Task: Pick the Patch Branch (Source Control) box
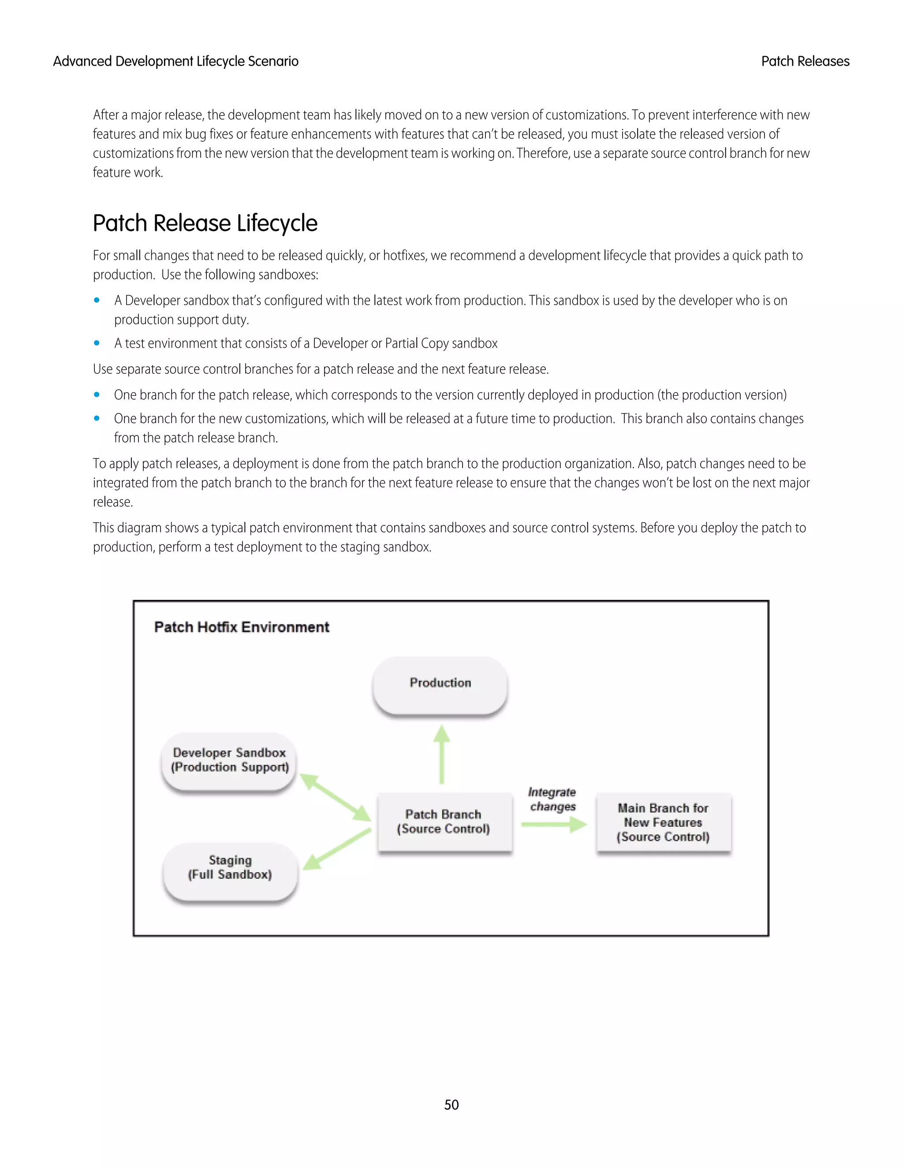(x=444, y=822)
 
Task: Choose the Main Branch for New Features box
(x=663, y=822)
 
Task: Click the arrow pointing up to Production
(x=441, y=754)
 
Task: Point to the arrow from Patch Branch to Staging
(x=337, y=850)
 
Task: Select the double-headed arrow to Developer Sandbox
(x=336, y=797)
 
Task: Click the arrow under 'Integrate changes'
(x=554, y=825)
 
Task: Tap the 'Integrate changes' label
(x=552, y=799)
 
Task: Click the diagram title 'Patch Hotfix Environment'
(x=242, y=627)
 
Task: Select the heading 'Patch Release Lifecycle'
(x=205, y=223)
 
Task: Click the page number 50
(x=451, y=1105)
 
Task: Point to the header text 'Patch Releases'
(x=805, y=62)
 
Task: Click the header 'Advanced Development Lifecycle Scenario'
(x=175, y=62)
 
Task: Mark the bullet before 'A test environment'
(x=97, y=343)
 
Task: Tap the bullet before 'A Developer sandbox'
(x=97, y=301)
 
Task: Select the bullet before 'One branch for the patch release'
(x=97, y=394)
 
